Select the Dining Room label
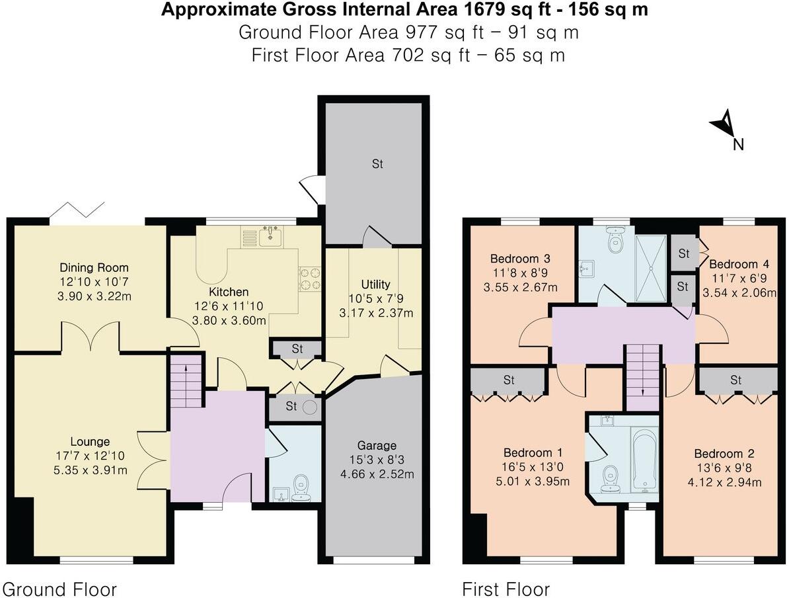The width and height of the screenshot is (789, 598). coord(94,268)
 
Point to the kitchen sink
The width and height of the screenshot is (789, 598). coord(270,235)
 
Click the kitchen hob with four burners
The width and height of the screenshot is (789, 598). coord(310,278)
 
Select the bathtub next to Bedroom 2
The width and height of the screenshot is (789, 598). coord(643,460)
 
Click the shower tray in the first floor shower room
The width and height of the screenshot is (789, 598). coord(651,263)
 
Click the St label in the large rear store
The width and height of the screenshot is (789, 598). coord(377,164)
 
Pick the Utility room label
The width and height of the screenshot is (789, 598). coord(375,285)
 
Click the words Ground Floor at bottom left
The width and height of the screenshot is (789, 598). coord(60,589)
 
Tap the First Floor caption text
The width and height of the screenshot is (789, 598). coord(506,589)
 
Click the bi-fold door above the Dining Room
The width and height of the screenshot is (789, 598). coord(78,210)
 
